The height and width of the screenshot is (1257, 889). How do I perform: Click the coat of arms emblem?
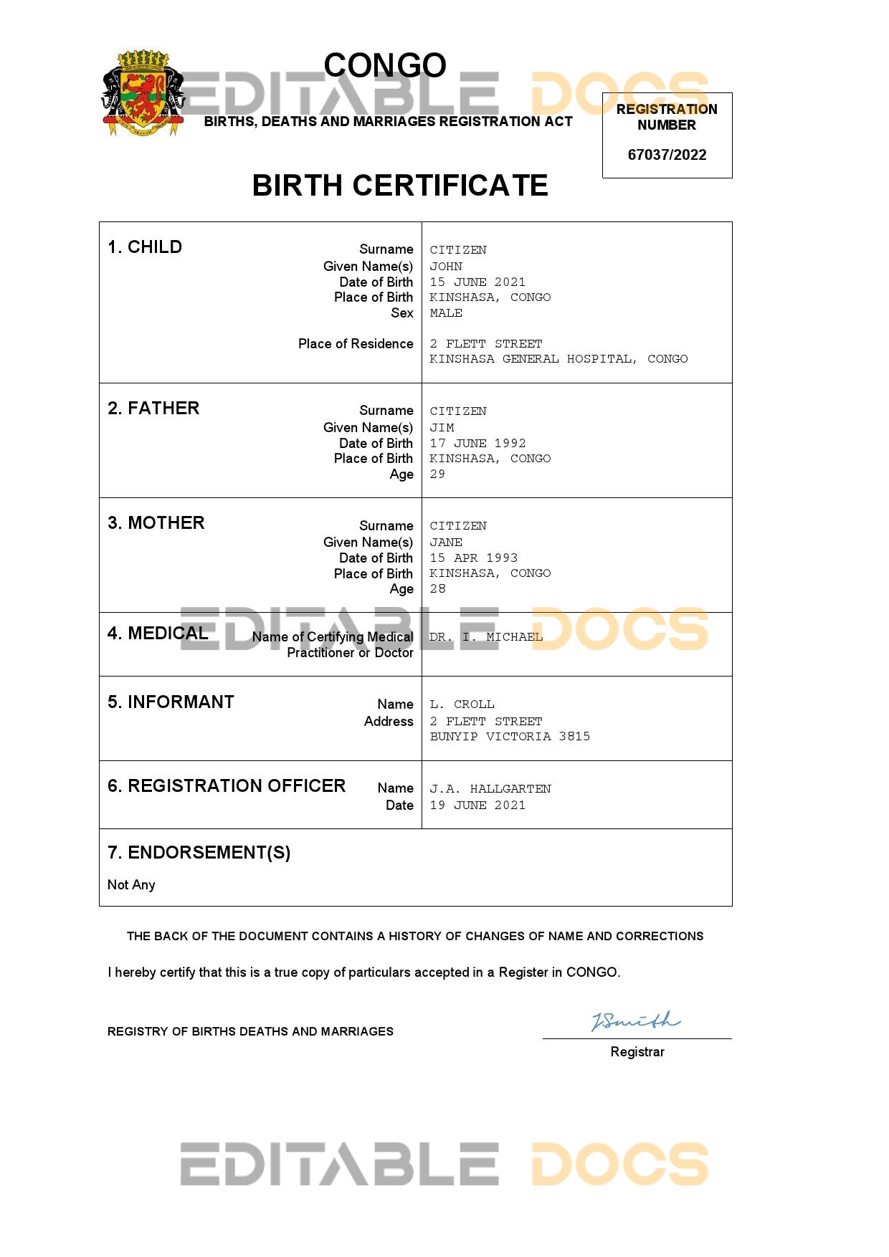tap(143, 93)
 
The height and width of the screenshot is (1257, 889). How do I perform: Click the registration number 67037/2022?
tap(667, 155)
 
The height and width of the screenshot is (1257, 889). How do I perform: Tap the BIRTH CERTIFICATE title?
tap(400, 186)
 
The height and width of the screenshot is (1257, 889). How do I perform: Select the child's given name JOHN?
tap(446, 267)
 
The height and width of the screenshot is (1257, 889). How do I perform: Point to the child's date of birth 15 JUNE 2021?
tap(477, 282)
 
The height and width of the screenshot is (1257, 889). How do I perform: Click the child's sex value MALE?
tap(446, 313)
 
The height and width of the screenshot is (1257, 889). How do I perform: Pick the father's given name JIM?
tap(442, 428)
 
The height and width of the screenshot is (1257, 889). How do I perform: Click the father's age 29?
tap(437, 474)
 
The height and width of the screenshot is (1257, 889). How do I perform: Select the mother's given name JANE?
tap(446, 543)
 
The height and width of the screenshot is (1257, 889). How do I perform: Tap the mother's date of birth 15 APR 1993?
tap(473, 558)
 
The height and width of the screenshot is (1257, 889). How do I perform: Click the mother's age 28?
tap(437, 589)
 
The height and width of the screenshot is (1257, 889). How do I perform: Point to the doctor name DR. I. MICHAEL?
tap(486, 637)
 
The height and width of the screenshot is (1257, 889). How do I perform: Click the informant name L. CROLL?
tap(462, 704)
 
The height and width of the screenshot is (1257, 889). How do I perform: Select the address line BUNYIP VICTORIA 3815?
tap(510, 737)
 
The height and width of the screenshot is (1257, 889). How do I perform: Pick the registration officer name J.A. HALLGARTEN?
tap(490, 789)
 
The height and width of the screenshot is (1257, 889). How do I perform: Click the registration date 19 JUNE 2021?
tap(477, 806)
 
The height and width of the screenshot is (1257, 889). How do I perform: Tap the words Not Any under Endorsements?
tap(131, 885)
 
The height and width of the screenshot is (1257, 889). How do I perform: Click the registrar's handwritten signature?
tap(634, 1021)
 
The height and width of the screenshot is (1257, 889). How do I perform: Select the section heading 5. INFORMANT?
tap(171, 702)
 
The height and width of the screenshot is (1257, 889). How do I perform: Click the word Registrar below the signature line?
tap(637, 1052)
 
